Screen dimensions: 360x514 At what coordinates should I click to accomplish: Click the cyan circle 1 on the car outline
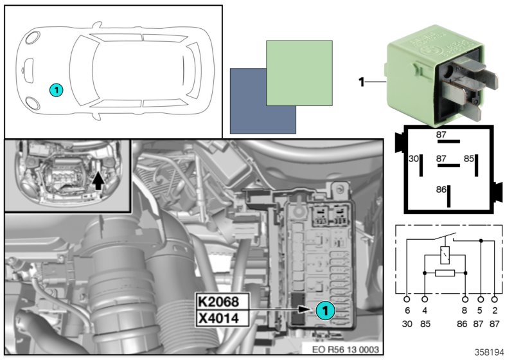tap(57, 91)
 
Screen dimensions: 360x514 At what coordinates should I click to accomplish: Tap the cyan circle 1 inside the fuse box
tap(325, 310)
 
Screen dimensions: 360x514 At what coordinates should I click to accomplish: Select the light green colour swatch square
tap(299, 73)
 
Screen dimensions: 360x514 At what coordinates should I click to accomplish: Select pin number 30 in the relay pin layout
tap(414, 158)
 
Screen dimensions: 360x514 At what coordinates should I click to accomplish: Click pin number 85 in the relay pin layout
tap(470, 158)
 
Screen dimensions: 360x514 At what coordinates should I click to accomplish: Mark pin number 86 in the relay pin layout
tap(441, 191)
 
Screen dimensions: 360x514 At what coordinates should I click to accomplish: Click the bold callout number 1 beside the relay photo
tap(361, 82)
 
